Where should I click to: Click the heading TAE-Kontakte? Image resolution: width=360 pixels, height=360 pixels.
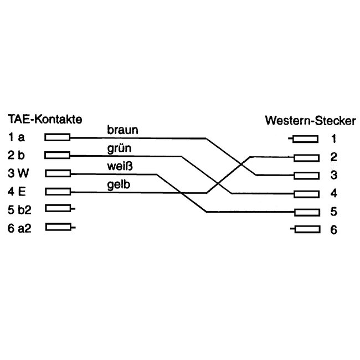(x=45, y=119)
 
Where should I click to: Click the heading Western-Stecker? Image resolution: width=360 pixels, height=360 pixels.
(x=310, y=120)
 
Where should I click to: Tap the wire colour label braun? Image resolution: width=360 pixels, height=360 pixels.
(x=122, y=130)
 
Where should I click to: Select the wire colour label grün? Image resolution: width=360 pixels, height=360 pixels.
(x=120, y=148)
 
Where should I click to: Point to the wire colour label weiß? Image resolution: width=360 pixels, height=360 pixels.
(x=120, y=167)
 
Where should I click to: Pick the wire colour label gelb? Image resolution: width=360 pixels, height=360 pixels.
(x=119, y=184)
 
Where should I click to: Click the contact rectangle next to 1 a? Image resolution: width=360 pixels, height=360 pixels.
(x=58, y=137)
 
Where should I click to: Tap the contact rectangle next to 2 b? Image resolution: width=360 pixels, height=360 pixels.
(x=58, y=155)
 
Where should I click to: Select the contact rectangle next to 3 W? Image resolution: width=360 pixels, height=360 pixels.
(x=58, y=173)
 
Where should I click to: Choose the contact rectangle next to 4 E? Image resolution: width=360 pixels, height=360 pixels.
(x=58, y=192)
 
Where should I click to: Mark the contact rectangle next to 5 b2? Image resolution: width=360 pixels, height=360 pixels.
(x=58, y=209)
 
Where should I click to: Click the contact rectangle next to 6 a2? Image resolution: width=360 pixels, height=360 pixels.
(x=58, y=227)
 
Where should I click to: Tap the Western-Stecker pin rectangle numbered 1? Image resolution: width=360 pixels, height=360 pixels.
(x=306, y=139)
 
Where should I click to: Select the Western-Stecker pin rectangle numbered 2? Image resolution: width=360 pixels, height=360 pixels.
(x=307, y=157)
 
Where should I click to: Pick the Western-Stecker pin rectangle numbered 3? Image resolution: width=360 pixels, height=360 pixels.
(x=307, y=176)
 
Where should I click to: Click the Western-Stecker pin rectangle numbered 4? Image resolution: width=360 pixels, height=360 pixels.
(x=307, y=194)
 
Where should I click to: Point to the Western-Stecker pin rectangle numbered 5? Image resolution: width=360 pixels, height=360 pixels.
(x=307, y=212)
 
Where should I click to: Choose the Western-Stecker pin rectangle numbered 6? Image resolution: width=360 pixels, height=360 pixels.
(x=307, y=229)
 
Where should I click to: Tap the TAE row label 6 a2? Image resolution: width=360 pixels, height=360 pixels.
(x=20, y=227)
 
